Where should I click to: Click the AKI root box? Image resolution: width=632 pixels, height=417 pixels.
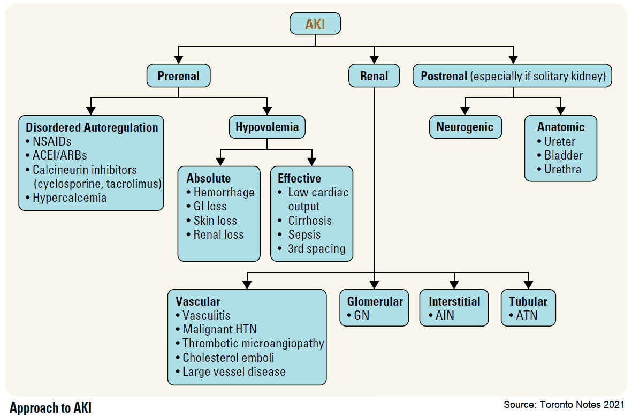click(315, 24)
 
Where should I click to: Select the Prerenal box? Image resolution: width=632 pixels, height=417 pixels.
click(179, 76)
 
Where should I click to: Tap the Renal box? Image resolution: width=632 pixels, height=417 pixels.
click(374, 76)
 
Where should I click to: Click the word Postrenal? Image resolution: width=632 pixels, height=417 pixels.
click(444, 76)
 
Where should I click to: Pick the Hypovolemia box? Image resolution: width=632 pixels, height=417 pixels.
click(268, 127)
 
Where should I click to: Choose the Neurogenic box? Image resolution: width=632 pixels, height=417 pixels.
click(465, 127)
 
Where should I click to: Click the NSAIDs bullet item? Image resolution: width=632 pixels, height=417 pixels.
click(52, 142)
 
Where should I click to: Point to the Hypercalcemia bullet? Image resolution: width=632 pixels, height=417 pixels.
click(69, 198)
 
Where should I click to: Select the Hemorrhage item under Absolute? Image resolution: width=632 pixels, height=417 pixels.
click(224, 192)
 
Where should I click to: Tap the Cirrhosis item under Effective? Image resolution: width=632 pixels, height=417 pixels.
click(310, 221)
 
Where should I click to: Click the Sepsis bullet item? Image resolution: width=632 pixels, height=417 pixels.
click(304, 234)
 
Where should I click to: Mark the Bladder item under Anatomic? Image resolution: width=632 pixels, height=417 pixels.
click(563, 156)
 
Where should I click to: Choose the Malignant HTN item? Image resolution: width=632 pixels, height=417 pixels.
click(219, 330)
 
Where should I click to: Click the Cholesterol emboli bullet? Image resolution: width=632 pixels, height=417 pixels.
click(228, 358)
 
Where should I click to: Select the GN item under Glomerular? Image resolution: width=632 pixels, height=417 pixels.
click(361, 315)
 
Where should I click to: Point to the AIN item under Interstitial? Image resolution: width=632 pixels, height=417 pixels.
click(444, 315)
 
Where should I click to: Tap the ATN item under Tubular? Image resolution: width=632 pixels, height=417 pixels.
click(527, 315)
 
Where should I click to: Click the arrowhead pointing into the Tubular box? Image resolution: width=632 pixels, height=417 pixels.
click(528, 284)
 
